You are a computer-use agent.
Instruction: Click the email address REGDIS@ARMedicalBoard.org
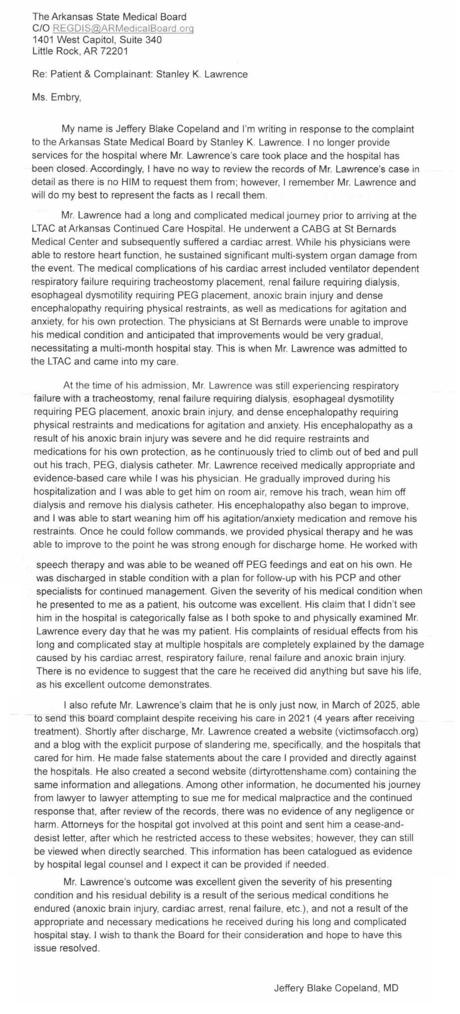coord(123,28)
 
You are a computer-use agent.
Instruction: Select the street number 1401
coord(42,39)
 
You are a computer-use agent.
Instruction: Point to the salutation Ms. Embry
coord(55,98)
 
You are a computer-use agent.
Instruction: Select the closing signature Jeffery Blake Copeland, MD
coord(336,988)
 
